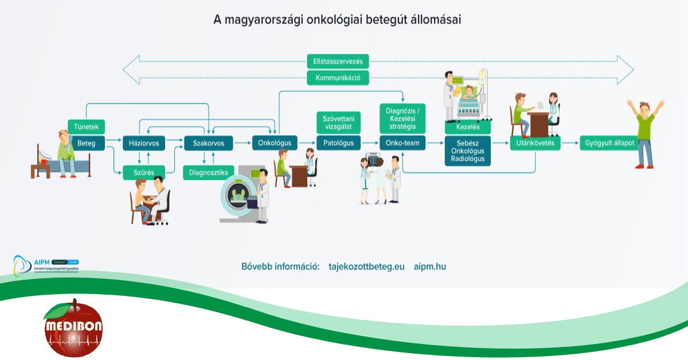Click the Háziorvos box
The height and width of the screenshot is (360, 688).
tap(144, 143)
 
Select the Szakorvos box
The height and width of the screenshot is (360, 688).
tap(208, 143)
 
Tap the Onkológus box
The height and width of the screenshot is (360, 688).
tap(275, 143)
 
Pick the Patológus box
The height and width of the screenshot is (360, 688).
tap(338, 143)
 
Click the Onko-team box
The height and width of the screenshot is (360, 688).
tap(402, 143)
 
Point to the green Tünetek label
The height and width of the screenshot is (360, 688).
tap(87, 127)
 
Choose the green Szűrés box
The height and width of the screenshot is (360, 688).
tap(144, 173)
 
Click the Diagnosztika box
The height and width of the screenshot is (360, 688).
tap(208, 173)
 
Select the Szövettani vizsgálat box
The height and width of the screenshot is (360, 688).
tap(338, 122)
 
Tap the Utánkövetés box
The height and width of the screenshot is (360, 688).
tap(535, 143)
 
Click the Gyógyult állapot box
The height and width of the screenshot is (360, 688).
tap(610, 143)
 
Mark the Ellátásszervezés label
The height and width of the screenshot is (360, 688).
tap(338, 61)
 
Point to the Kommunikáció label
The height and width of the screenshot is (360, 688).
tap(338, 78)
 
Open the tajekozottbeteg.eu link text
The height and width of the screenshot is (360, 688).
tap(366, 267)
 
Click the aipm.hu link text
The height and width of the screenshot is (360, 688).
tap(429, 267)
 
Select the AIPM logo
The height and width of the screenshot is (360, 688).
tap(46, 264)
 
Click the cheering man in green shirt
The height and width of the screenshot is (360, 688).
tap(645, 132)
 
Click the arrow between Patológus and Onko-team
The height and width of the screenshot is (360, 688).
tap(370, 143)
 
